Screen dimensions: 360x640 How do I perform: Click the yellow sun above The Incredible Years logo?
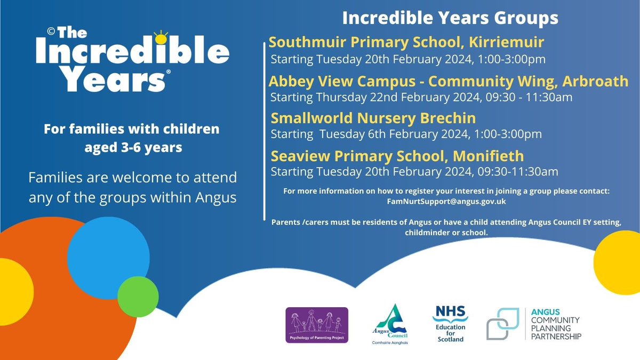(x=159, y=38)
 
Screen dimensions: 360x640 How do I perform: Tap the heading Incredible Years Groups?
(x=450, y=18)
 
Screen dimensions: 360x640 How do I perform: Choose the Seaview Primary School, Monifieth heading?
(x=397, y=156)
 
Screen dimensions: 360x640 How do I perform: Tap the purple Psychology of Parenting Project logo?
(x=317, y=325)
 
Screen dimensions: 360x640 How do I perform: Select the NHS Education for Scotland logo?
(x=450, y=324)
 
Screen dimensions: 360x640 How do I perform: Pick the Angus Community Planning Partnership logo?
(x=534, y=324)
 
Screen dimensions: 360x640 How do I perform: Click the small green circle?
(x=135, y=296)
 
